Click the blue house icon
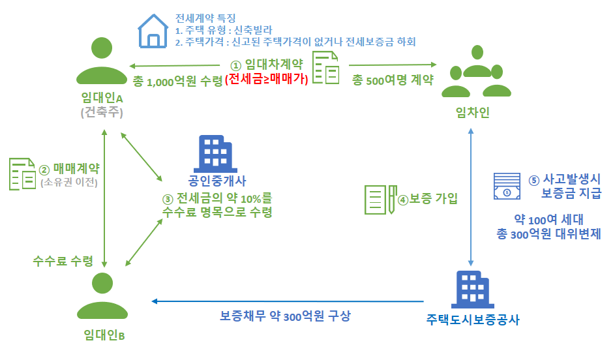(x=153, y=31)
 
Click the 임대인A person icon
(x=102, y=61)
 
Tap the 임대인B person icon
(x=102, y=295)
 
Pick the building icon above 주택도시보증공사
(x=473, y=290)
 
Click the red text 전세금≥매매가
(x=266, y=79)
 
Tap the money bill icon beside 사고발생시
(x=507, y=186)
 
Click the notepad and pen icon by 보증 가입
(x=381, y=200)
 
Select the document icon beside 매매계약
(x=22, y=174)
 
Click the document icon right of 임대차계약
(x=326, y=68)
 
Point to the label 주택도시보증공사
(x=473, y=320)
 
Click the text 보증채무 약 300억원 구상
(x=285, y=316)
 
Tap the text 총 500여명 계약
(x=393, y=80)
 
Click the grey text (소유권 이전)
(x=69, y=183)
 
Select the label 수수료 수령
(x=63, y=261)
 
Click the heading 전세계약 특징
(x=205, y=18)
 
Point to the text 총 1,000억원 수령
(x=177, y=81)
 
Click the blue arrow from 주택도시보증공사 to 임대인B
(x=288, y=301)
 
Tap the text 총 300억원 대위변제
(x=548, y=234)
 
